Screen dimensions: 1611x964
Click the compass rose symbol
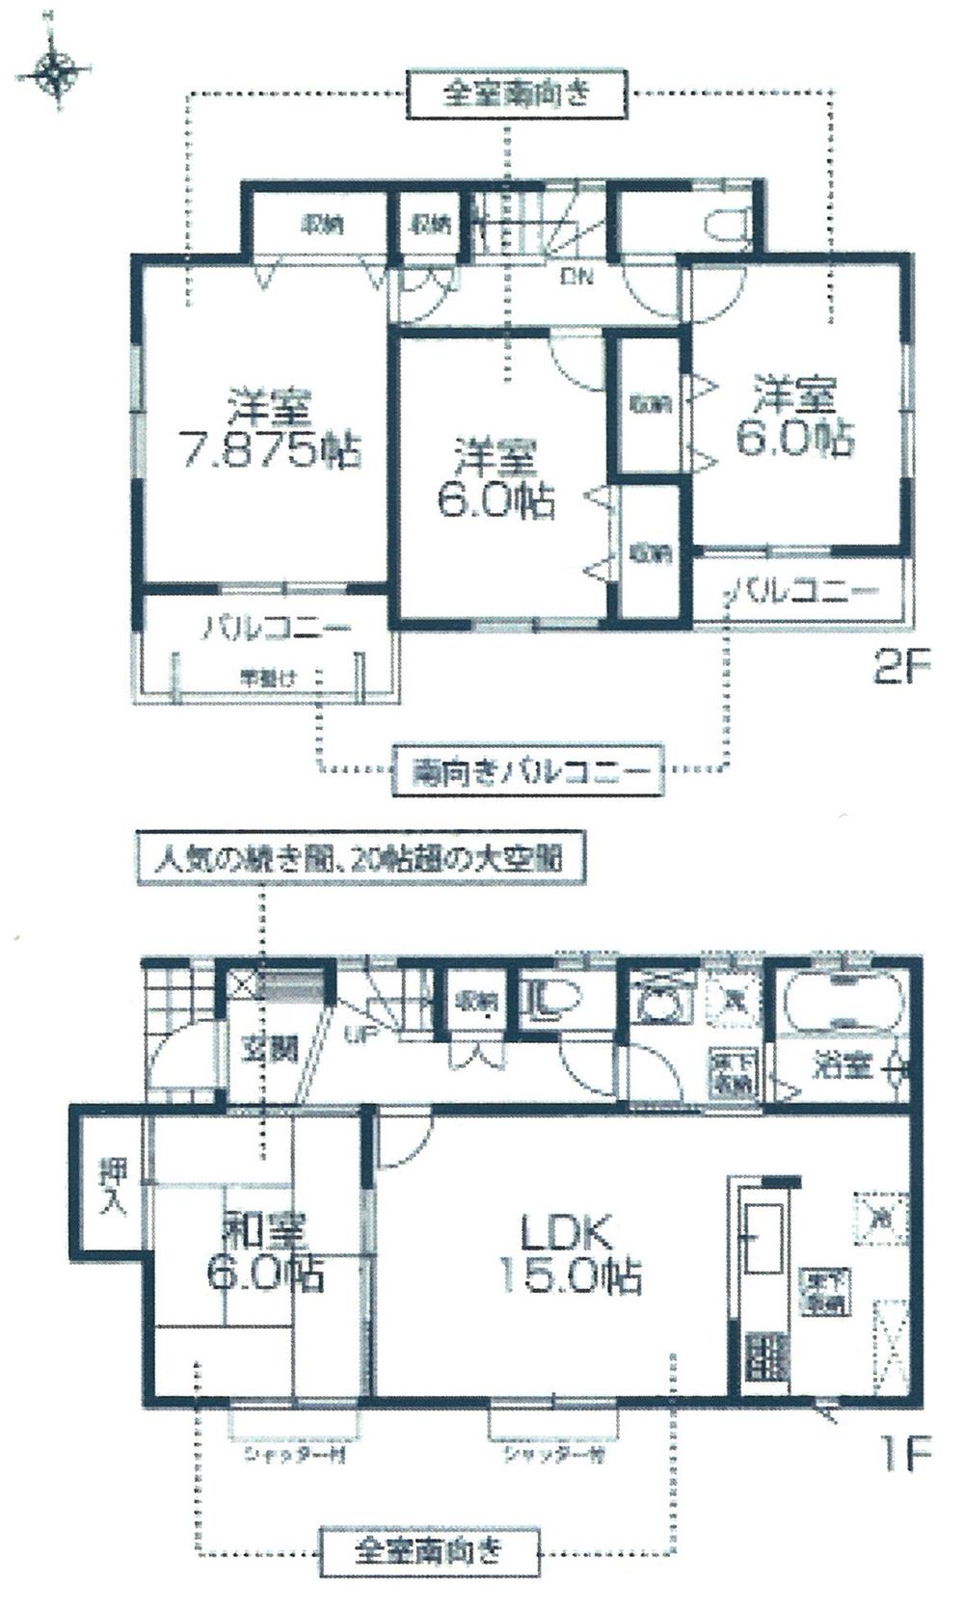pos(55,71)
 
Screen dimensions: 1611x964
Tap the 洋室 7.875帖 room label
pos(270,429)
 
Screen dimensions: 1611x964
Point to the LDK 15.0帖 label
pos(569,1253)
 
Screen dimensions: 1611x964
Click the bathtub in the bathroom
pos(843,1006)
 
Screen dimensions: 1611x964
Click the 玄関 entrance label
pos(268,1048)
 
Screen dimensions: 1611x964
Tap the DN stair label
pos(576,278)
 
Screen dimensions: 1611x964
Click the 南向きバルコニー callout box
pos(528,770)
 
